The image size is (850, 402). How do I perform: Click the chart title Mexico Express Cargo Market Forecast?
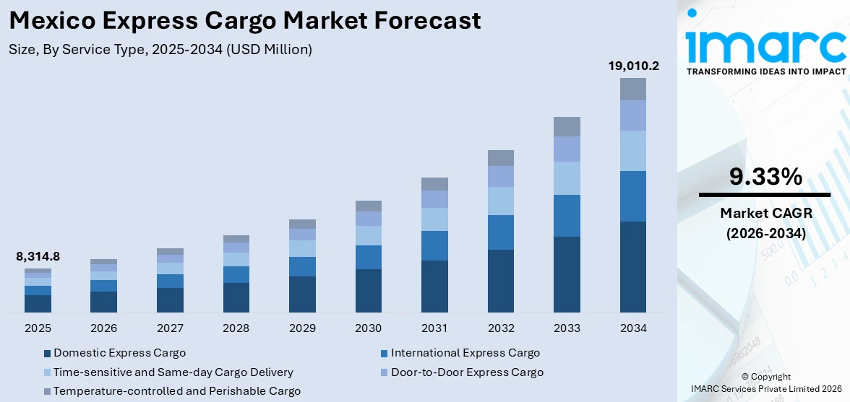(x=245, y=20)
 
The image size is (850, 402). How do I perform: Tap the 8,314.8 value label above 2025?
(x=38, y=256)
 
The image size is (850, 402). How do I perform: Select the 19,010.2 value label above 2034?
(x=633, y=66)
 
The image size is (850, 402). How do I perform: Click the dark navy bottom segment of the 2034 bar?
(x=633, y=267)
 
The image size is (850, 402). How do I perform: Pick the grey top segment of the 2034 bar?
(x=633, y=89)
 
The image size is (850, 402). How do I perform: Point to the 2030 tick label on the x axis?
(x=368, y=328)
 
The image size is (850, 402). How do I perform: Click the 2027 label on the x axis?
(x=170, y=328)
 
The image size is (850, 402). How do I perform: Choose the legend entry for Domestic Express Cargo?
(x=119, y=353)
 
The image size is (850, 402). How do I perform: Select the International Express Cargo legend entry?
(x=465, y=353)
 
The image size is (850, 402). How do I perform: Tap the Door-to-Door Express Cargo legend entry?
(x=467, y=372)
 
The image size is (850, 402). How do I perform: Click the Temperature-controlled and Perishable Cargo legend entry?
(x=176, y=391)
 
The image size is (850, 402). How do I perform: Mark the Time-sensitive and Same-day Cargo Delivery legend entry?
(x=173, y=372)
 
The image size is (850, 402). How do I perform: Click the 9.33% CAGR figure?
(x=765, y=177)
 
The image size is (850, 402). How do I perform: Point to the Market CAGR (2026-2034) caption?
(x=765, y=223)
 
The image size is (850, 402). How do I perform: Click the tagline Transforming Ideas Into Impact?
(x=765, y=71)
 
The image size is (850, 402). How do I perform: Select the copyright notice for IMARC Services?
(x=765, y=383)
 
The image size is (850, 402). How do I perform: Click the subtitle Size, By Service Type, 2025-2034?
(x=160, y=49)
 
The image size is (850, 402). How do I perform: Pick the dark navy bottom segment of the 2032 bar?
(x=501, y=281)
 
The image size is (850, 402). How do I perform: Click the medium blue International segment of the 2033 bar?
(x=567, y=216)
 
